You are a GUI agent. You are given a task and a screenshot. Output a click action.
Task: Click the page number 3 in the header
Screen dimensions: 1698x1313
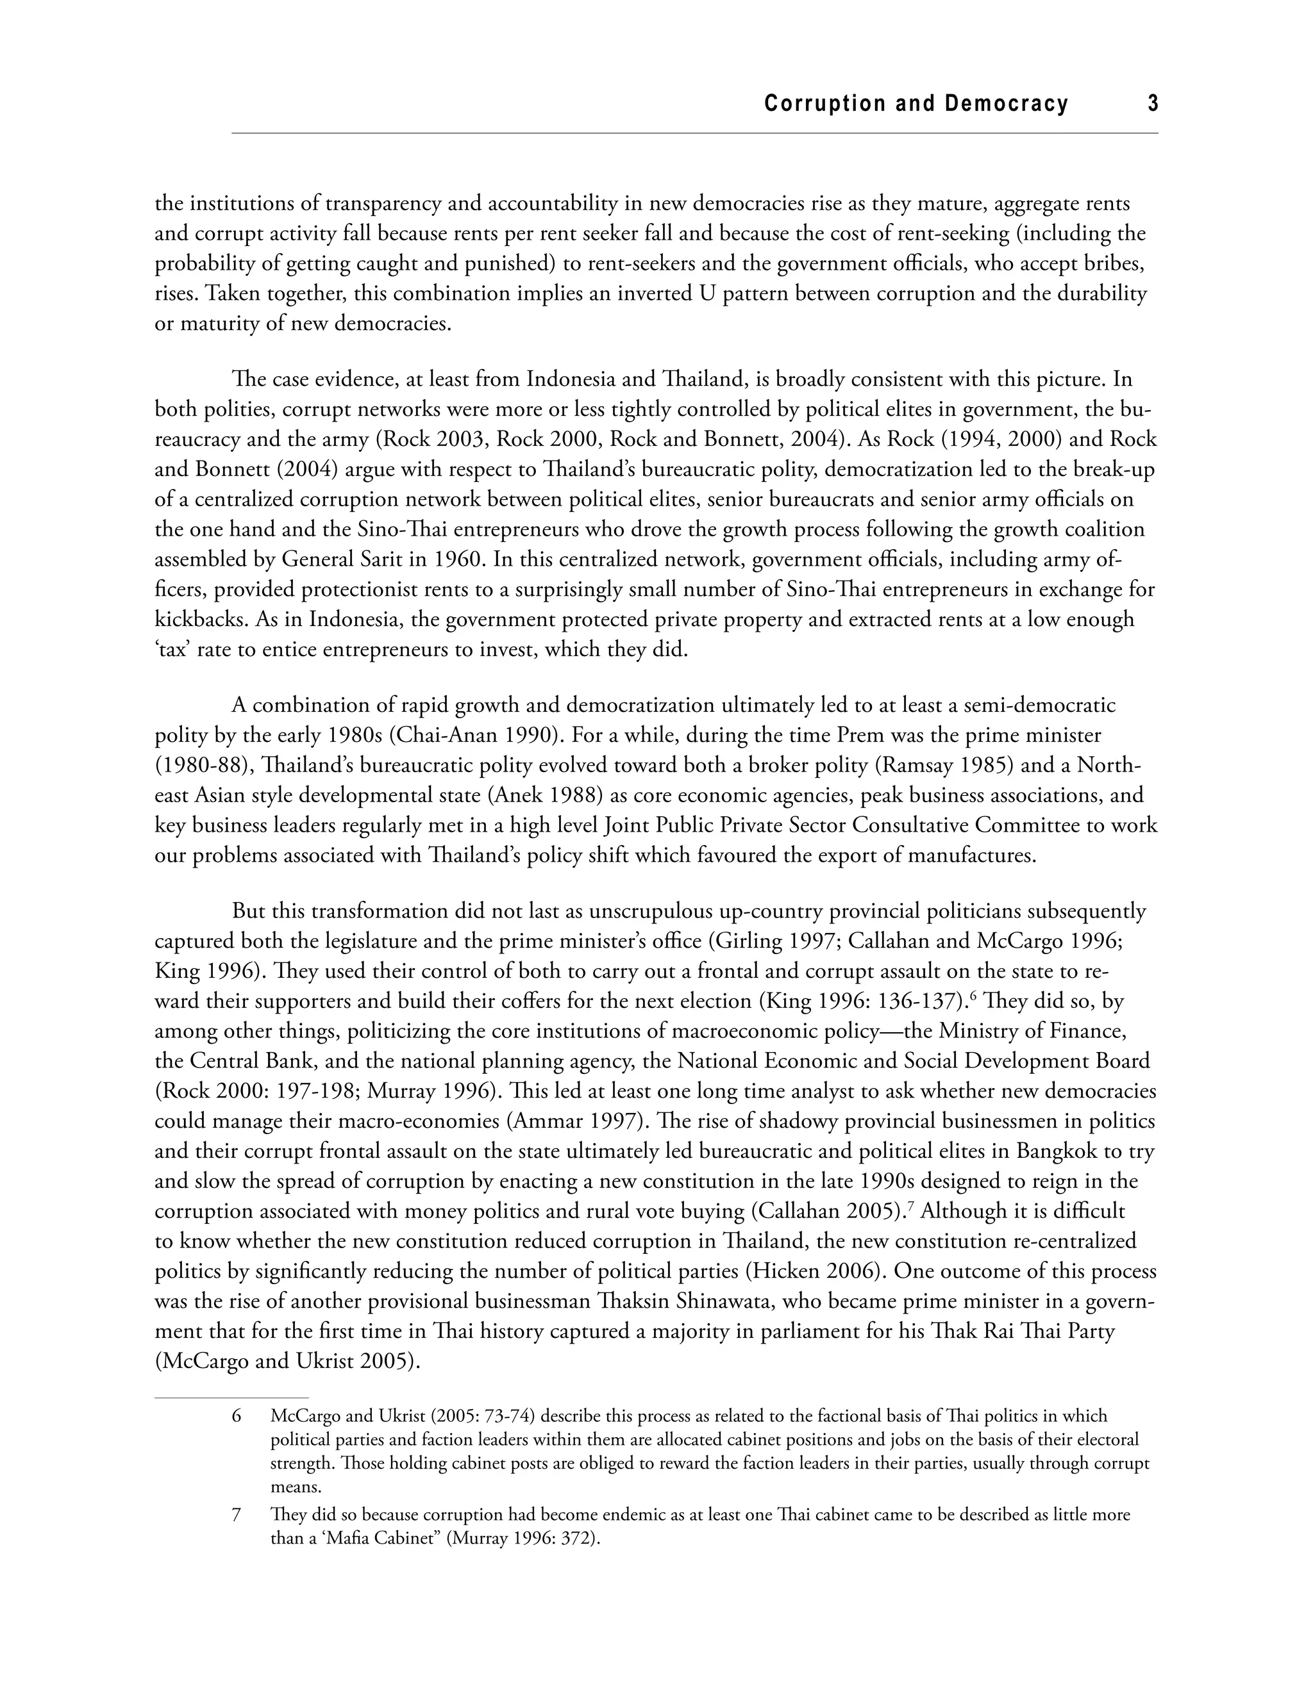[x=1153, y=103]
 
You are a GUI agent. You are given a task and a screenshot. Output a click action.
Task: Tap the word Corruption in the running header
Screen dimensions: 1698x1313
[x=825, y=103]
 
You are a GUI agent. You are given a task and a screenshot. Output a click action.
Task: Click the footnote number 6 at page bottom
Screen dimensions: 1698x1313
[x=237, y=1417]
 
